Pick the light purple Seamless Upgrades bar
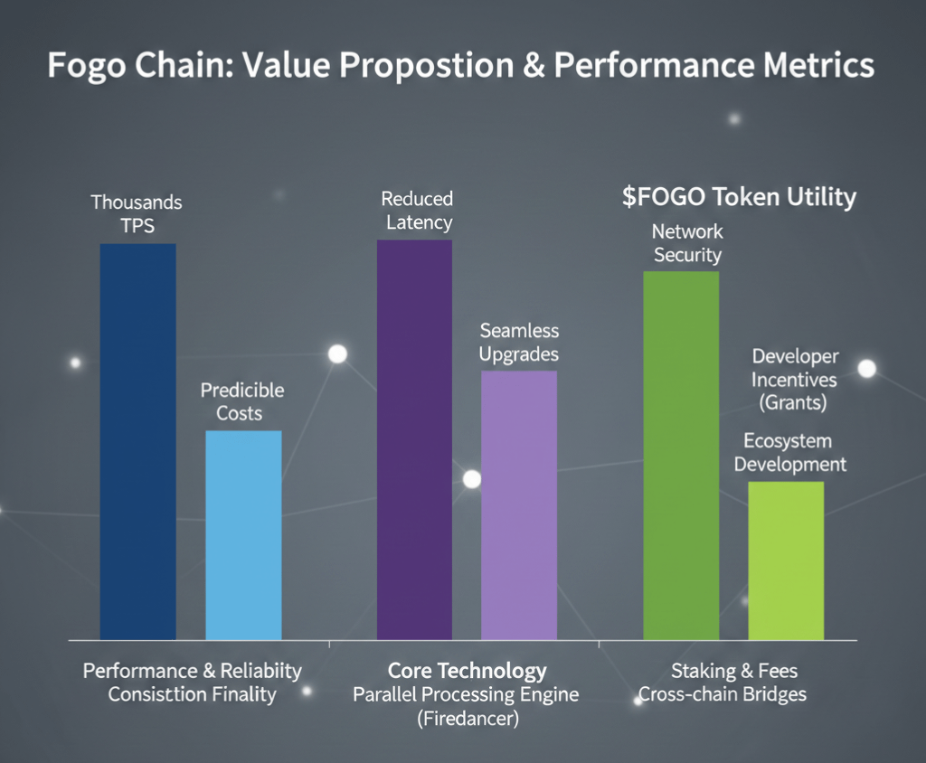519,505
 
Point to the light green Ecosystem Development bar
786,560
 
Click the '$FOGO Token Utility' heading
739,198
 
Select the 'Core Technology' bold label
467,671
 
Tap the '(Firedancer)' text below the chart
466,720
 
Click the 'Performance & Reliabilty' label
192,671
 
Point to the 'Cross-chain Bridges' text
722,694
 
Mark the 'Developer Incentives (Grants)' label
795,380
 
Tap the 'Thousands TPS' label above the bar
137,213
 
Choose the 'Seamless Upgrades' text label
519,343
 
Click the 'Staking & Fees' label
734,671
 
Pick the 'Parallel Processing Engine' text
466,695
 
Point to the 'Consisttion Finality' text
192,694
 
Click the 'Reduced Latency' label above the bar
417,210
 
